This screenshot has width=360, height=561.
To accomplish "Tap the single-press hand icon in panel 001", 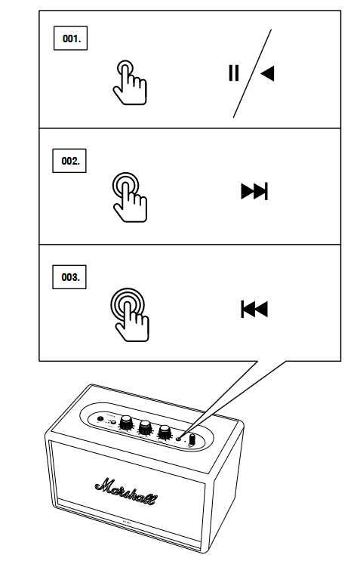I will pyautogui.click(x=129, y=81).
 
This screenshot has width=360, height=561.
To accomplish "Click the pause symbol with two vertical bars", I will pyautogui.click(x=234, y=73).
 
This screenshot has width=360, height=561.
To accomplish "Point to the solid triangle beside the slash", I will pyautogui.click(x=267, y=73).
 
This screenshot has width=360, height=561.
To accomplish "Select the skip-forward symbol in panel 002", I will pyautogui.click(x=254, y=192).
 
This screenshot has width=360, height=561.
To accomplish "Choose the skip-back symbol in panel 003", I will pyautogui.click(x=254, y=309).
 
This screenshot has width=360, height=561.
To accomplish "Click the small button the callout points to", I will pyautogui.click(x=179, y=436).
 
